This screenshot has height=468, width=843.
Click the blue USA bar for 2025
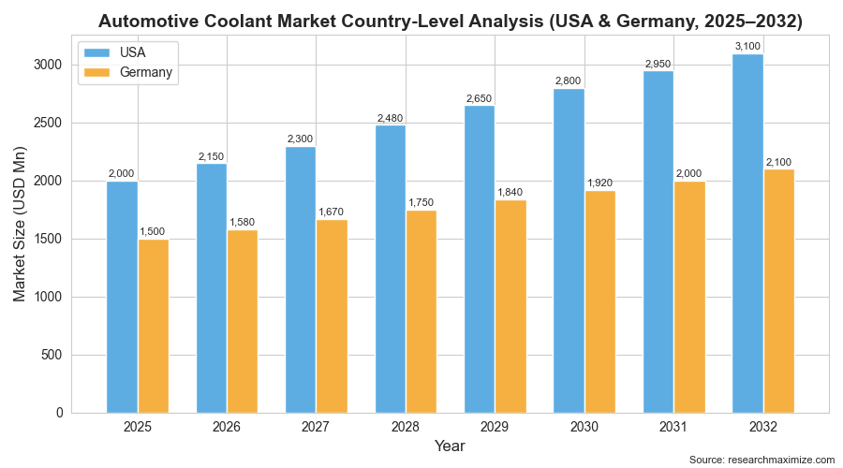122,297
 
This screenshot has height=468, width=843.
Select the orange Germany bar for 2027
332,316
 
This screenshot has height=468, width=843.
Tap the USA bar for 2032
747,233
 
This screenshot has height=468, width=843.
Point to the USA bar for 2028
391,269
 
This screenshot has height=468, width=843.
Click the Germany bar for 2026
243,321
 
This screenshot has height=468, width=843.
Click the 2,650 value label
480,98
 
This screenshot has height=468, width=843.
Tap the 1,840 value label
510,193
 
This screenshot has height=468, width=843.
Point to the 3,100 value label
747,46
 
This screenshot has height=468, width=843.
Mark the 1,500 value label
153,232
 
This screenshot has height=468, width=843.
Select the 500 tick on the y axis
53,355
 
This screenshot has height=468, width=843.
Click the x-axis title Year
450,447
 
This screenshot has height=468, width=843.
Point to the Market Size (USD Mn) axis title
20,224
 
